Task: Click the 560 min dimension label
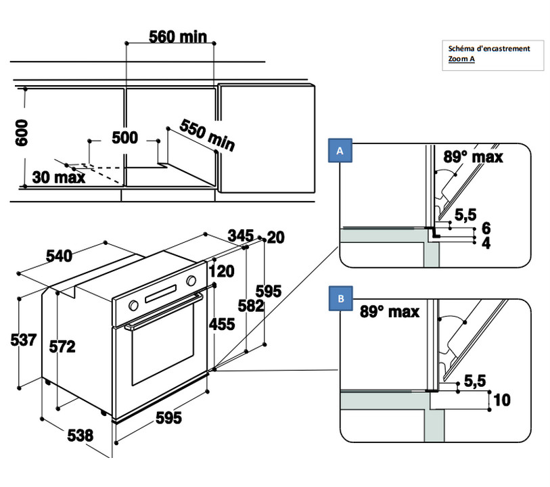click(x=178, y=37)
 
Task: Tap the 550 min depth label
click(x=207, y=135)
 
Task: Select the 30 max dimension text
click(x=59, y=177)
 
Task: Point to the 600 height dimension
click(x=22, y=133)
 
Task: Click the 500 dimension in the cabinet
click(x=124, y=137)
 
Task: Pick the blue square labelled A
click(x=340, y=150)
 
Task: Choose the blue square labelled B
click(x=340, y=298)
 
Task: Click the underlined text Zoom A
click(x=461, y=59)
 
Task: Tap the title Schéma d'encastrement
click(x=489, y=49)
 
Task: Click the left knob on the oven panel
click(x=133, y=305)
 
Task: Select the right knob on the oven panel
click(x=191, y=281)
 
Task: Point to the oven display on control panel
click(x=160, y=294)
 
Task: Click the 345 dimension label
click(x=240, y=235)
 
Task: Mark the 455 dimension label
click(x=222, y=324)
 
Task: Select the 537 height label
click(x=24, y=340)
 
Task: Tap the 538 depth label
click(x=81, y=436)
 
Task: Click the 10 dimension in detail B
click(x=502, y=400)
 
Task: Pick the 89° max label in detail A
click(x=473, y=157)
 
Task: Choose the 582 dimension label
click(x=250, y=306)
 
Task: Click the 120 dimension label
click(x=221, y=271)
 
